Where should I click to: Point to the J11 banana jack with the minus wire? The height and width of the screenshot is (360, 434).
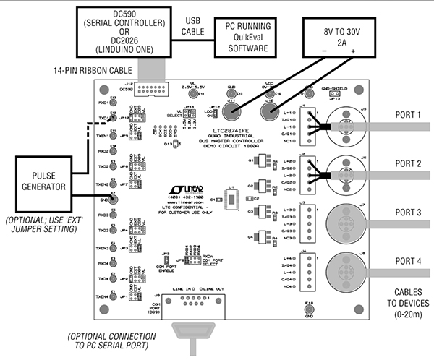click(233, 112)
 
